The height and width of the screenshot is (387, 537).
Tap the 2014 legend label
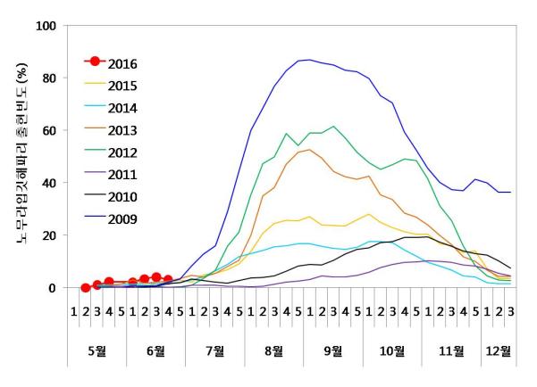point(122,108)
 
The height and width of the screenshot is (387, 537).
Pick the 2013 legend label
point(122,131)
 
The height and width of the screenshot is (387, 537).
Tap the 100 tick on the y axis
point(45,26)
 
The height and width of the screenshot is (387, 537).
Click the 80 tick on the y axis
point(48,78)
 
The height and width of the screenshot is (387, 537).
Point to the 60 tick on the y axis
point(48,131)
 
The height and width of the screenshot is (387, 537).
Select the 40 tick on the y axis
point(48,184)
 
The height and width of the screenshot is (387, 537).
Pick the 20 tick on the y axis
point(48,236)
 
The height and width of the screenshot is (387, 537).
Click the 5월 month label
point(97,350)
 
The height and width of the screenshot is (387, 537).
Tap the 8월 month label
point(274,350)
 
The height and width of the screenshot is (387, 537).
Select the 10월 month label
point(392,350)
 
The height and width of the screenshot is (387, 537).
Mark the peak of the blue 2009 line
point(309,60)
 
